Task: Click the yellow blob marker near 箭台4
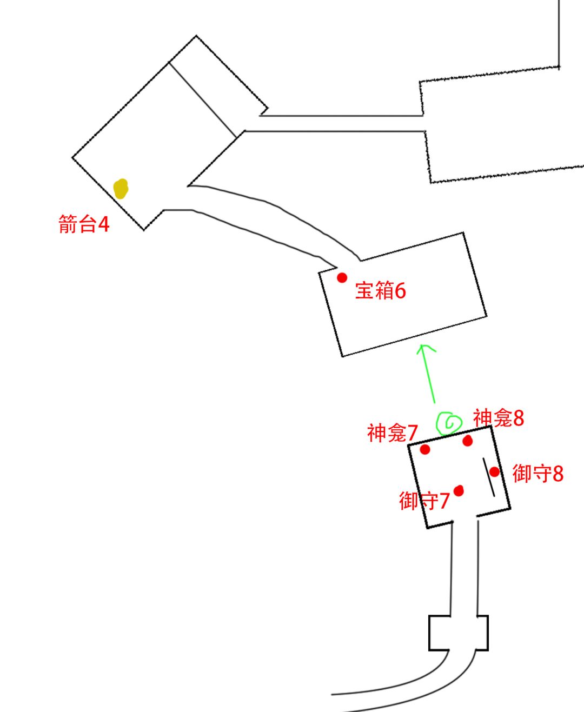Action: (121, 189)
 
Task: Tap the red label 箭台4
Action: (84, 224)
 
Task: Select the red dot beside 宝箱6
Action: (342, 277)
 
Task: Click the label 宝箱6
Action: (380, 290)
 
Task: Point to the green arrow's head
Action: (422, 345)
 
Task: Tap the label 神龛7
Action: (393, 433)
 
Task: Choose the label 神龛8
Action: (498, 417)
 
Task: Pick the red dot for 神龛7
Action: (425, 449)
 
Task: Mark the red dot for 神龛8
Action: (467, 441)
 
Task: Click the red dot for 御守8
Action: (494, 471)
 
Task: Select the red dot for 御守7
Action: (459, 490)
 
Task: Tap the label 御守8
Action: (537, 474)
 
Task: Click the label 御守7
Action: (424, 501)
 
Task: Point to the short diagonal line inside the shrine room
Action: (489, 477)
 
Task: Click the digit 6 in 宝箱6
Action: (400, 291)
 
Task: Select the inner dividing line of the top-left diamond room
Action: (203, 100)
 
